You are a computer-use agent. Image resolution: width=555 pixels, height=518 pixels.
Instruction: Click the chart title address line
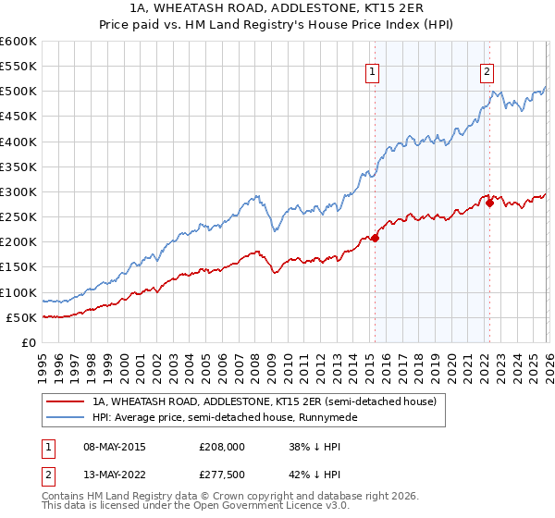pyautogui.click(x=277, y=9)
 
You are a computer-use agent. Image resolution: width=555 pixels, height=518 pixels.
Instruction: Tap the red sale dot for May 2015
pyautogui.click(x=375, y=238)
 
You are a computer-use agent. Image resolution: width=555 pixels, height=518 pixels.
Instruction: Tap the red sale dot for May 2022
pyautogui.click(x=489, y=203)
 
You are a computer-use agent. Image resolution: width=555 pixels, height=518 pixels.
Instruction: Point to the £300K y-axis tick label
pyautogui.click(x=18, y=191)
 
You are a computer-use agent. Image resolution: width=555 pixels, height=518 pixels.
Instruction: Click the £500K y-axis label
pyautogui.click(x=18, y=92)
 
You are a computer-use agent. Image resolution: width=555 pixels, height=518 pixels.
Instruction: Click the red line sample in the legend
pyautogui.click(x=65, y=401)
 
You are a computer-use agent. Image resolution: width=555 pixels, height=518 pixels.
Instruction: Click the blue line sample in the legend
pyautogui.click(x=65, y=417)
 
